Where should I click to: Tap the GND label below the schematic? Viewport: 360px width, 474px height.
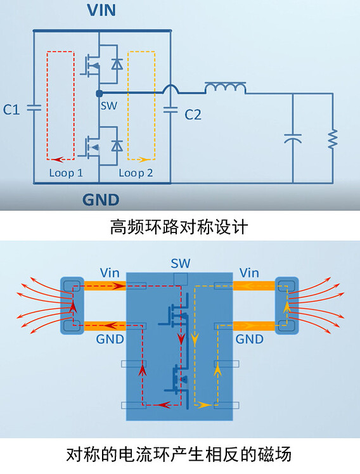click(101, 200)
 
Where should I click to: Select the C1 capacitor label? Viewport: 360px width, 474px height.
click(11, 110)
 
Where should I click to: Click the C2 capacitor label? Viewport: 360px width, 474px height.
click(193, 115)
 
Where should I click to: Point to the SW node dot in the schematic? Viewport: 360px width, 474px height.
click(98, 93)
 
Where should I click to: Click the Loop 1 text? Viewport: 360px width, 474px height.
click(66, 172)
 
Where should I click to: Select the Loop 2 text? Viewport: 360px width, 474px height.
click(136, 172)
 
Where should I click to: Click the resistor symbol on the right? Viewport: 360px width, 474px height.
click(331, 139)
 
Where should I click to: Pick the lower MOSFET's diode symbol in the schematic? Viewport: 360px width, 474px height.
click(117, 146)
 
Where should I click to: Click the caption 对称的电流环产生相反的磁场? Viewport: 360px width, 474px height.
click(179, 455)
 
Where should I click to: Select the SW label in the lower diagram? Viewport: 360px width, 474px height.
click(180, 263)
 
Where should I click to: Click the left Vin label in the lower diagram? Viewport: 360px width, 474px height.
click(108, 273)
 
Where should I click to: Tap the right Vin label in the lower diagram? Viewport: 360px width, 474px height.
click(249, 273)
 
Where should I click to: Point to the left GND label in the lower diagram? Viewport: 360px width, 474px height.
click(109, 339)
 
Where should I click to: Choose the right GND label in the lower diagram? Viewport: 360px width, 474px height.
click(250, 339)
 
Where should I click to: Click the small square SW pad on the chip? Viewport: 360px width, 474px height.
click(180, 279)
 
